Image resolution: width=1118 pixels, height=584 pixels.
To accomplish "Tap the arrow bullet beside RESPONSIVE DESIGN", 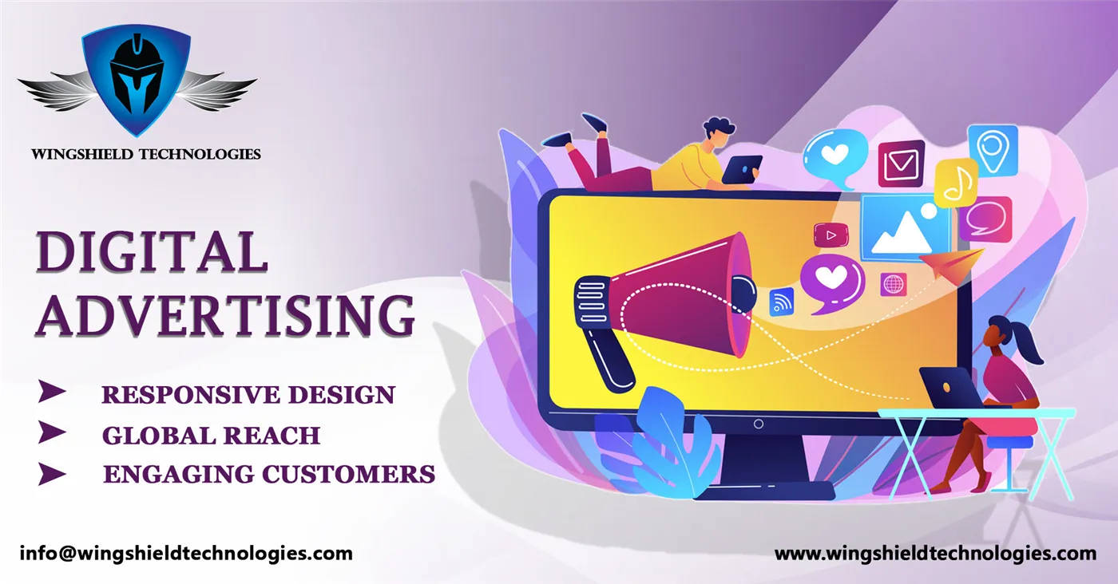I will pos(53,392).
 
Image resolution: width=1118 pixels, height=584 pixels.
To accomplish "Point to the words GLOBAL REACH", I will pos(211,435).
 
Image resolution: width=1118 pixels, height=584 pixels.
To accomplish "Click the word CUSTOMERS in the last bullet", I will pos(350,474).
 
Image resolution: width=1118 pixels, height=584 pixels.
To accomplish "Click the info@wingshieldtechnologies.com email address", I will pos(185,553).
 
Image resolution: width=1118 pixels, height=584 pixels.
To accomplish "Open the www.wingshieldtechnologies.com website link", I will pos(935,553).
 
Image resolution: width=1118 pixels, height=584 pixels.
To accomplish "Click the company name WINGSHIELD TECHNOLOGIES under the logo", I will pos(146,153).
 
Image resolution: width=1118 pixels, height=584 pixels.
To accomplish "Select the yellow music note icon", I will pos(955,183).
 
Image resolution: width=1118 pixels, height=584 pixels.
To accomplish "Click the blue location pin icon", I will pos(993,149).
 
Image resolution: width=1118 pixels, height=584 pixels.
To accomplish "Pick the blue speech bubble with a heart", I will pos(835,157).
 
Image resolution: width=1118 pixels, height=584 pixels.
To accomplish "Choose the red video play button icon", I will pos(831,235).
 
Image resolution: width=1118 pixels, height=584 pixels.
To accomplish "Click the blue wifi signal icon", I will pos(781,302).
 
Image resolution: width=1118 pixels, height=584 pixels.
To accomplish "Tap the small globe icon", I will pos(893,284).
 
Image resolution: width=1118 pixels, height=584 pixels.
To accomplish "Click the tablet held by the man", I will pos(742,169).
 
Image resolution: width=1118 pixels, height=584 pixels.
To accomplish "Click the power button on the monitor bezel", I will pos(758,424).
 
